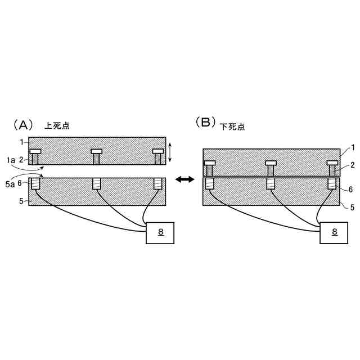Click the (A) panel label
pyautogui.click(x=27, y=124)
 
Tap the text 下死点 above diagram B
pyautogui.click(x=232, y=125)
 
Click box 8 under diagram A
pyautogui.click(x=160, y=232)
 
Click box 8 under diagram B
pyautogui.click(x=334, y=232)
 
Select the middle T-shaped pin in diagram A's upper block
pyautogui.click(x=96, y=156)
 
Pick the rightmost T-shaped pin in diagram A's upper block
pyautogui.click(x=158, y=156)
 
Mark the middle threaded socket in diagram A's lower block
pyautogui.click(x=96, y=183)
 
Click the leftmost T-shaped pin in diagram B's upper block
pyautogui.click(x=209, y=168)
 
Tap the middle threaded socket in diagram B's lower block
pyautogui.click(x=271, y=183)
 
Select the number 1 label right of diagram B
pyautogui.click(x=352, y=147)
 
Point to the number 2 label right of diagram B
pyautogui.click(x=352, y=165)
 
